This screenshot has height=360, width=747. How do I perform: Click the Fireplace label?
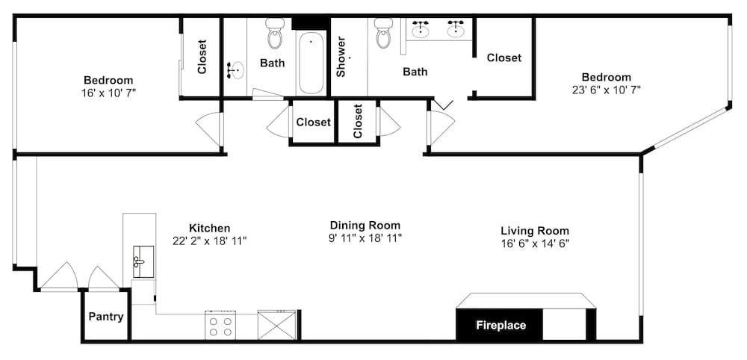coord(500,325)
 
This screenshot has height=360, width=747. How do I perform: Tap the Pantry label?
coord(106,317)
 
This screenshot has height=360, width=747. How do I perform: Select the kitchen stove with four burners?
coord(220,325)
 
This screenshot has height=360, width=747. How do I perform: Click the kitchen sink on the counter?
coord(143,261)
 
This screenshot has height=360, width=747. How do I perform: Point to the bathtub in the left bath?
coord(311,63)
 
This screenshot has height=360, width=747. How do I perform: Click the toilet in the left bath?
coord(274,34)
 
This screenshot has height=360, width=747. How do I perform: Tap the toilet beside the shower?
coord(383,34)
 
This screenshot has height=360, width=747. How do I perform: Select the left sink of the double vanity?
coord(420,30)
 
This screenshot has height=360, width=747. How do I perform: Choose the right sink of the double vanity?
coord(456,30)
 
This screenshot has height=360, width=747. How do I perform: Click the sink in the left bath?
coord(235,70)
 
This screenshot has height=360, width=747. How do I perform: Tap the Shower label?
coord(341,58)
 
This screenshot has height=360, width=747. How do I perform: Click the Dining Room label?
coord(365,225)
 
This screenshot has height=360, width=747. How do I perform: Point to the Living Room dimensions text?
coord(535,243)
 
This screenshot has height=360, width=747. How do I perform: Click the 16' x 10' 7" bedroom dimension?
coord(108,93)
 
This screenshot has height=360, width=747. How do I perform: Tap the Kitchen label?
coord(210,228)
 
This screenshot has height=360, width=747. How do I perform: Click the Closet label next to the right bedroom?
coord(504,58)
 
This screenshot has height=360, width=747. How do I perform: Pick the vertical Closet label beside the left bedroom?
coord(202,57)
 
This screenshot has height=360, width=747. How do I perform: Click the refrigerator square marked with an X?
coord(276,325)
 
